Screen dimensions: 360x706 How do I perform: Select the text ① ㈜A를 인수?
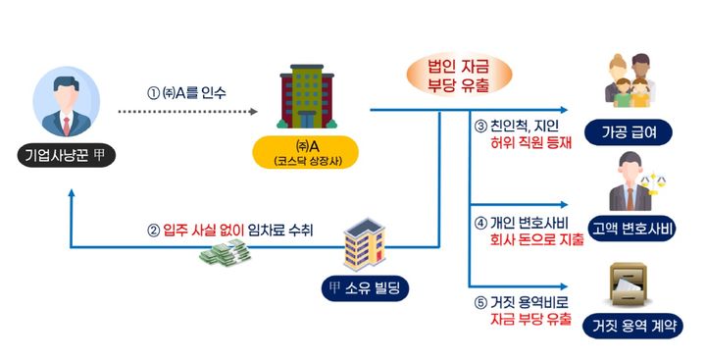[x=186, y=93]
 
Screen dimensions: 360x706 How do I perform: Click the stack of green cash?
[x=226, y=256]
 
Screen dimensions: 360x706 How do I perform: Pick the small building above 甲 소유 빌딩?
[x=362, y=245]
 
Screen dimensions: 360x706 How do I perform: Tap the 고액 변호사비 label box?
[x=636, y=231]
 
